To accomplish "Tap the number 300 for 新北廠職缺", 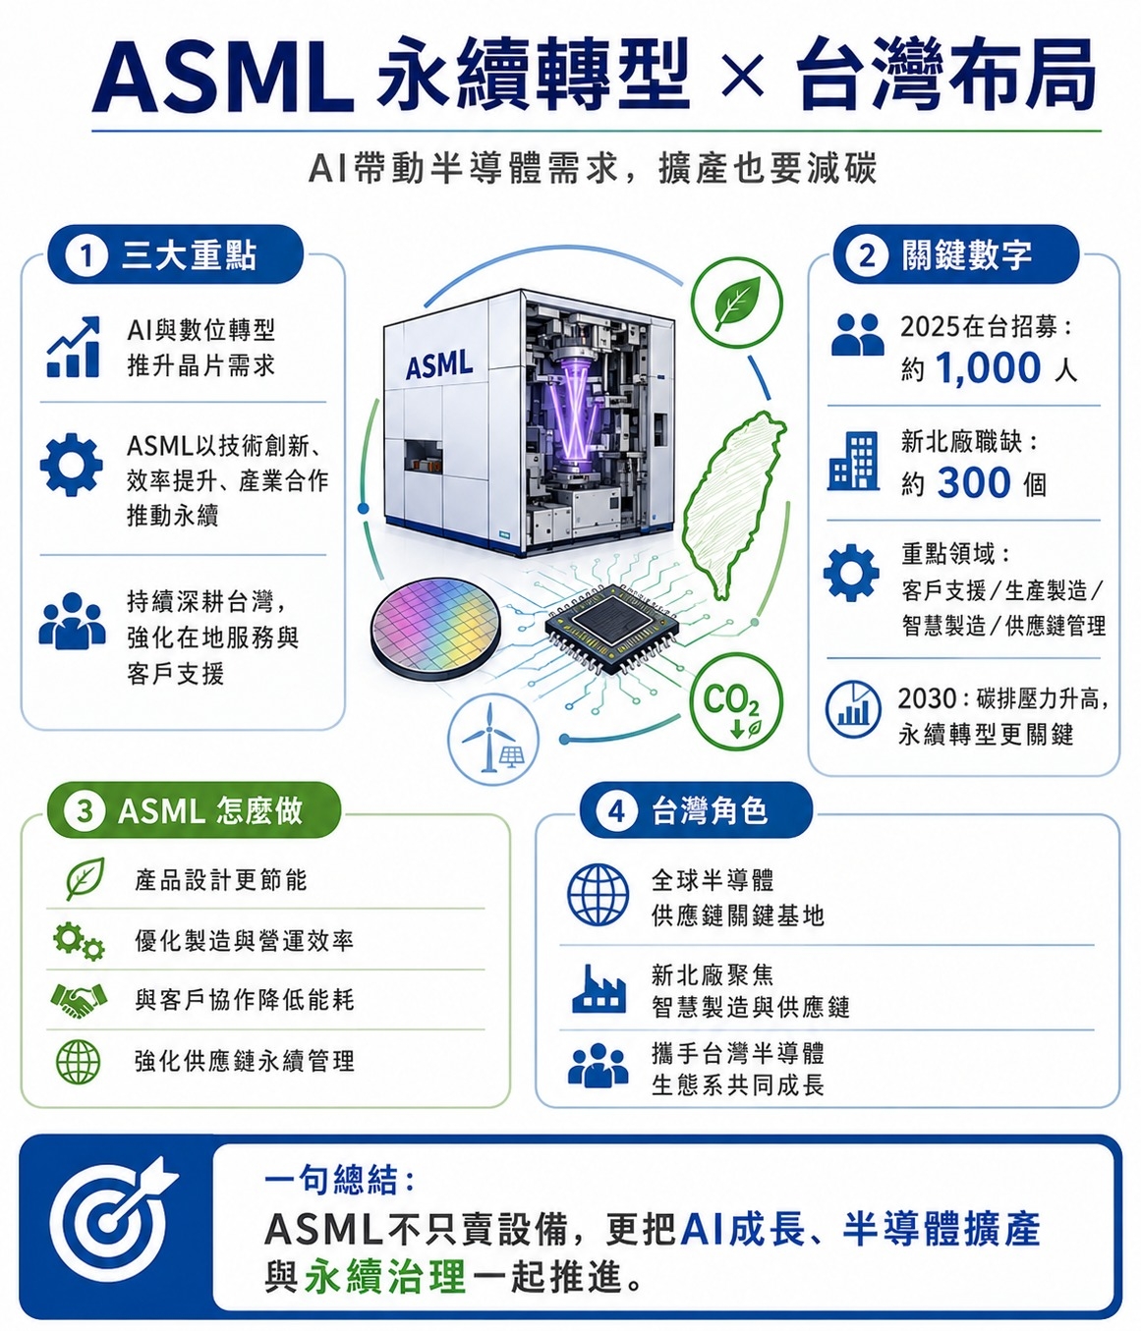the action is pyautogui.click(x=974, y=483).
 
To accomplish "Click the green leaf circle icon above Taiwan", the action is pyautogui.click(x=736, y=302).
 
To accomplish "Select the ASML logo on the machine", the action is pyautogui.click(x=438, y=365).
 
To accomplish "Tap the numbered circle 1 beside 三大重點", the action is pyautogui.click(x=86, y=255).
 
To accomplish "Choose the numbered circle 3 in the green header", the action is pyautogui.click(x=85, y=811).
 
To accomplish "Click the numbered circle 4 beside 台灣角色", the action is pyautogui.click(x=616, y=811).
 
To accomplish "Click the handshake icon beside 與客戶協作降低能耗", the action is pyautogui.click(x=78, y=1000).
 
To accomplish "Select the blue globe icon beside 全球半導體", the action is pyautogui.click(x=598, y=895).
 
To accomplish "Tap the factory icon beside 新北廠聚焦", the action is pyautogui.click(x=599, y=988).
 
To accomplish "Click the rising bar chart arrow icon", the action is pyautogui.click(x=73, y=347).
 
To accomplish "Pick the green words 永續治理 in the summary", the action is pyautogui.click(x=384, y=1276).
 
